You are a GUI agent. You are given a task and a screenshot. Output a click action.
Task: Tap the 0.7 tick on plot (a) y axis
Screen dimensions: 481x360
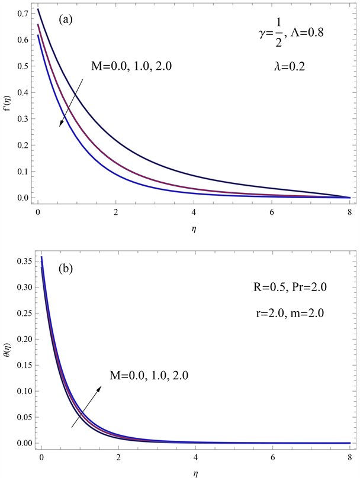point(22,12)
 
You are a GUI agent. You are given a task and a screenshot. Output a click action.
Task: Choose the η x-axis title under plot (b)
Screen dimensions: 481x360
point(194,474)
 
